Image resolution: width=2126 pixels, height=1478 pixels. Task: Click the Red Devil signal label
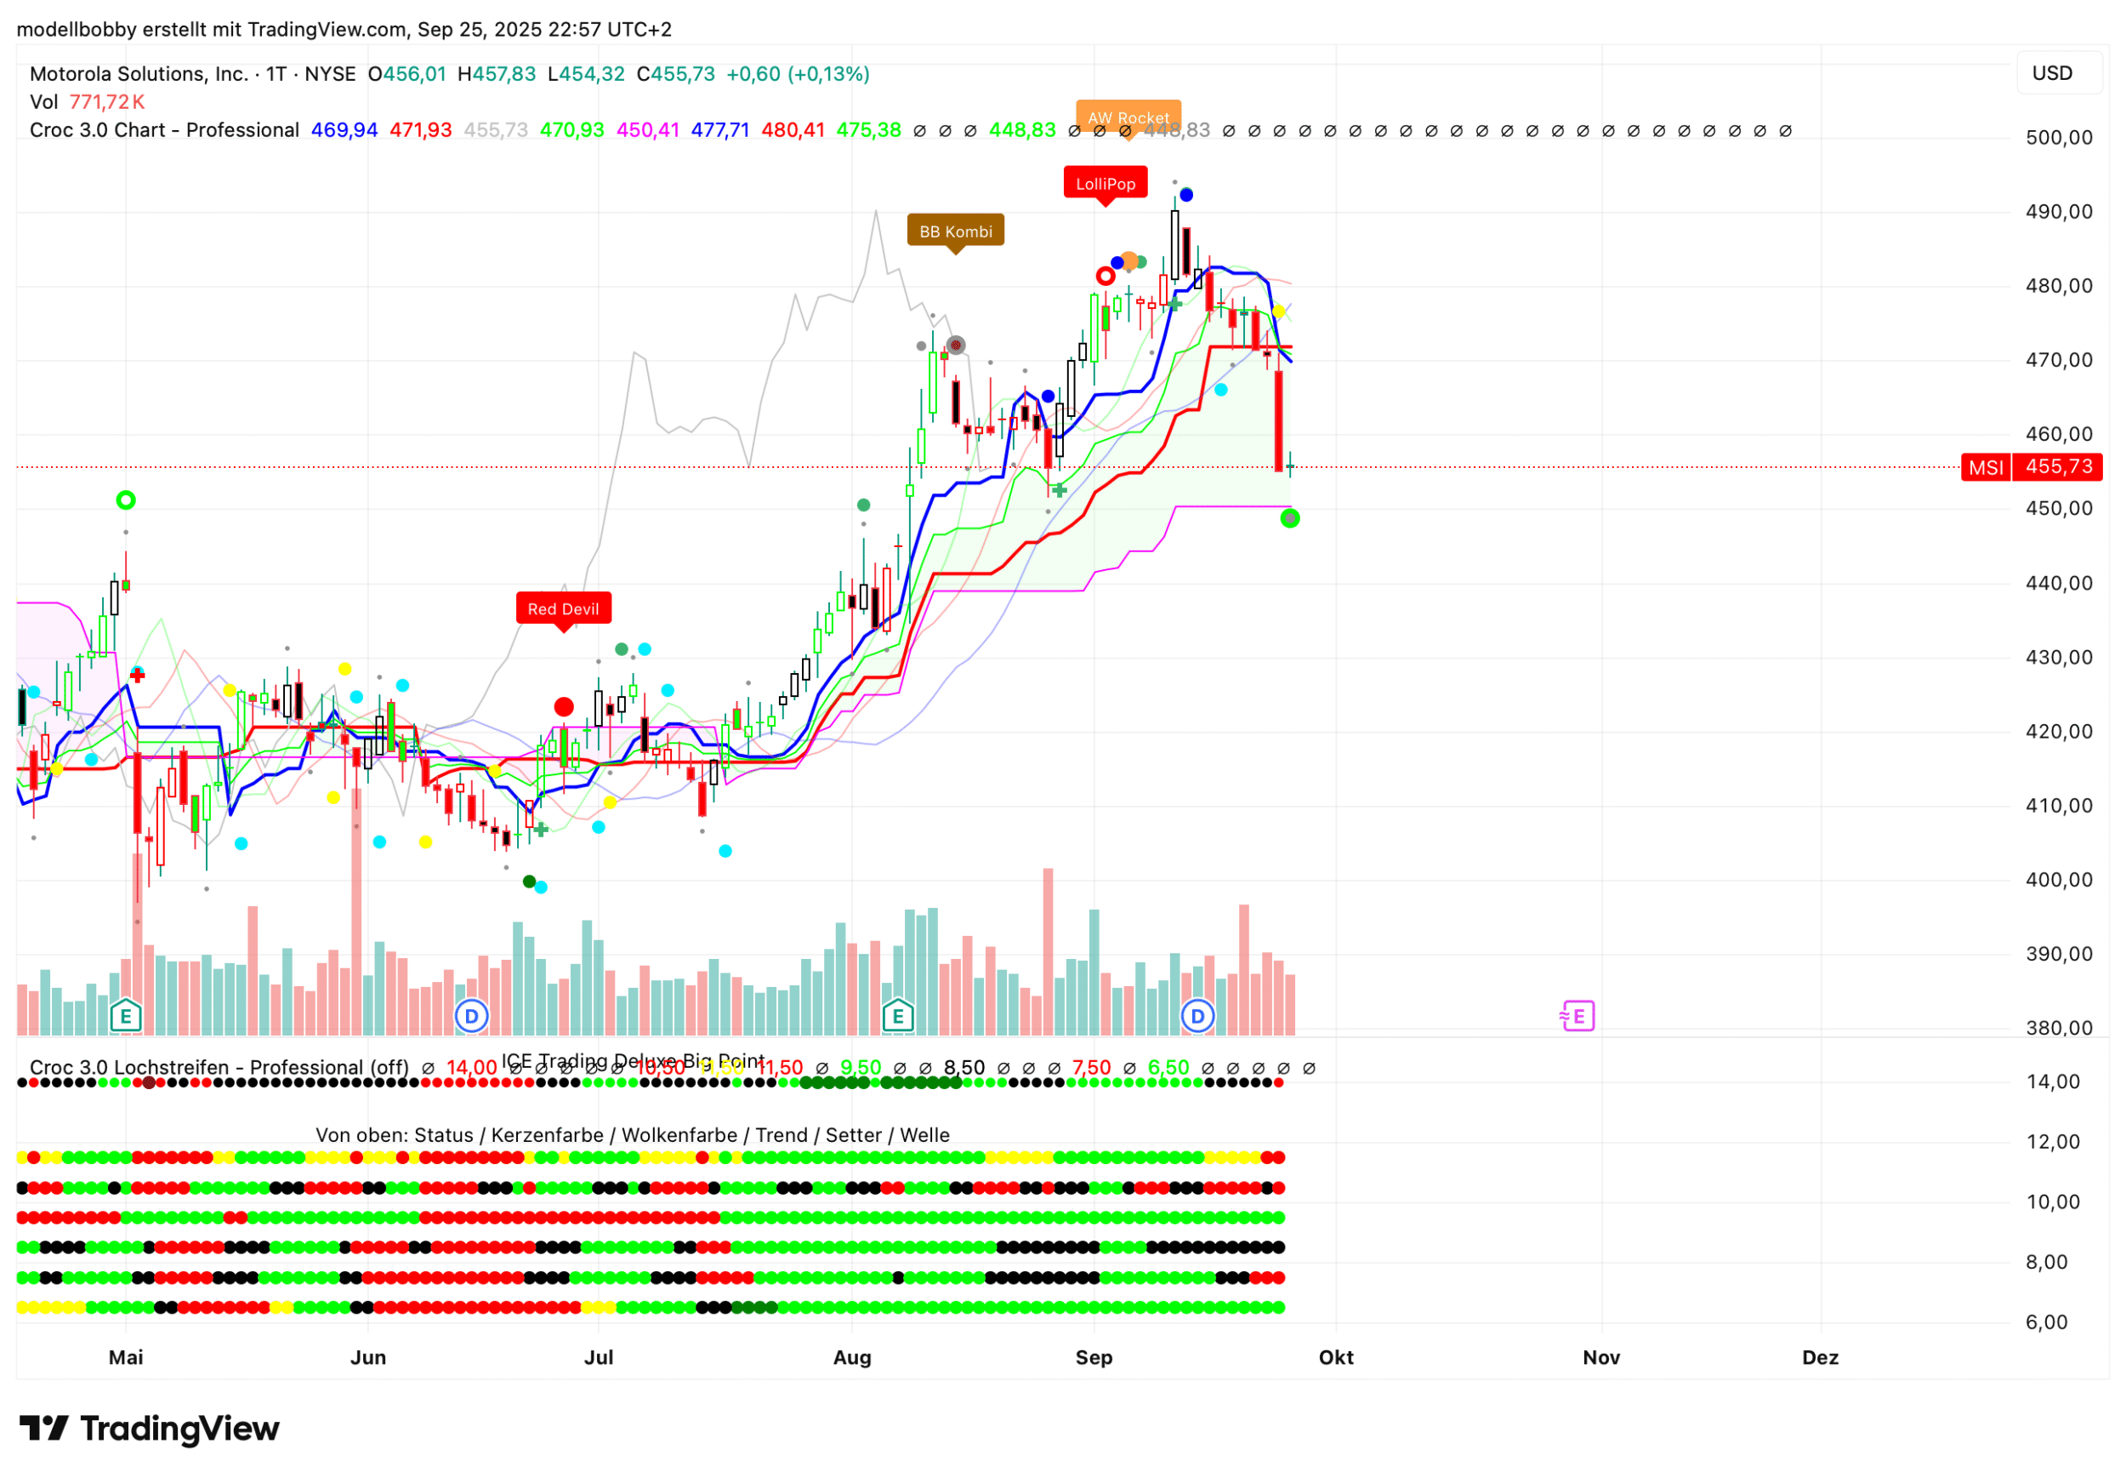click(x=563, y=608)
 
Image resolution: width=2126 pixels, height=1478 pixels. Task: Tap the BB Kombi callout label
click(x=955, y=231)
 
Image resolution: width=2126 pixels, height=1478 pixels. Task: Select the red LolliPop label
click(x=1106, y=183)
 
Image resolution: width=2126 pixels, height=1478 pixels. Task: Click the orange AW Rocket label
click(x=1128, y=117)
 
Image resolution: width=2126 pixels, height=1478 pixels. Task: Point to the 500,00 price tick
click(x=2059, y=138)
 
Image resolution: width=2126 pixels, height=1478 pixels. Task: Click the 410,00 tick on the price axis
click(x=2059, y=806)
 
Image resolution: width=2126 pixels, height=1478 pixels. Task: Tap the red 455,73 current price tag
click(x=2059, y=467)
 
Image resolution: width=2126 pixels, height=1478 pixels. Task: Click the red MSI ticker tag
click(x=1986, y=467)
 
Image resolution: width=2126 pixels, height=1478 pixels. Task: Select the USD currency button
click(x=2051, y=73)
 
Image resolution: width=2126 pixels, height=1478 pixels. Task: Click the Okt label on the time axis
click(x=1336, y=1358)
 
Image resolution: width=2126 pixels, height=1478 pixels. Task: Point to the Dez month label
click(x=1820, y=1358)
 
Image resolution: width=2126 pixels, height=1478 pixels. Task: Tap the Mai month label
click(x=126, y=1358)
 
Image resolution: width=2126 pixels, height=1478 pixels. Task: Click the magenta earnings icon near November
click(x=1577, y=1016)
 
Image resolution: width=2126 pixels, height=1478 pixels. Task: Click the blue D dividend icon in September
click(x=1197, y=1016)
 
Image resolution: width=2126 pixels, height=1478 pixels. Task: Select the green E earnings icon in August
click(x=897, y=1016)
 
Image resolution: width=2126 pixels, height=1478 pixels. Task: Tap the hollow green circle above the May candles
click(x=126, y=500)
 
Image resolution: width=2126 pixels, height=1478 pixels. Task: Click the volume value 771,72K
click(x=106, y=102)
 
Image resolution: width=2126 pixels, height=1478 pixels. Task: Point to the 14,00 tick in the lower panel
click(x=2053, y=1081)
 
